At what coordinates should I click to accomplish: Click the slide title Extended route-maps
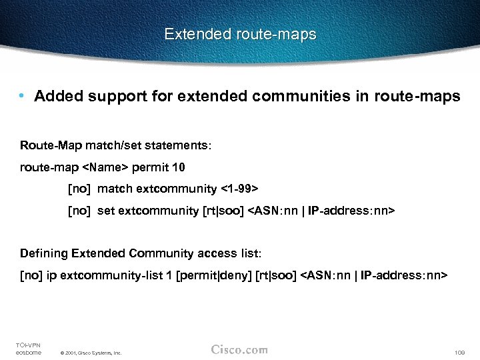tap(240, 34)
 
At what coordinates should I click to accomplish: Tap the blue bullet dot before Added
tap(22, 97)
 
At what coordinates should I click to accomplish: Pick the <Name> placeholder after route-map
tap(107, 167)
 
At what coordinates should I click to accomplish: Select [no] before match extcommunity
tap(79, 189)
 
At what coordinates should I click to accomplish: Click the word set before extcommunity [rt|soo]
tap(106, 211)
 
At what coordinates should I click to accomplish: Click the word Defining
tap(44, 253)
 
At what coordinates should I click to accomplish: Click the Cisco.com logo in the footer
tap(239, 349)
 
